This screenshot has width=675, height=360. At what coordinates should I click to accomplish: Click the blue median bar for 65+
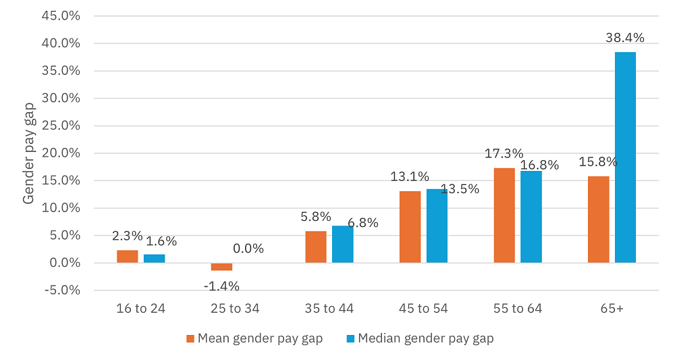coord(625,157)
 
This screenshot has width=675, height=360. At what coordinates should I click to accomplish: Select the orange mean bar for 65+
coord(598,220)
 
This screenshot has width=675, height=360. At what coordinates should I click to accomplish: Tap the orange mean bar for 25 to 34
coord(221,267)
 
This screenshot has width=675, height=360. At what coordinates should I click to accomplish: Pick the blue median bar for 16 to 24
coord(154,259)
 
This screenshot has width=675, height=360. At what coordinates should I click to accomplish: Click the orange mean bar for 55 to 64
coord(504,215)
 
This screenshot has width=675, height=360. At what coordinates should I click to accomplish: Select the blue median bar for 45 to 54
coord(437,226)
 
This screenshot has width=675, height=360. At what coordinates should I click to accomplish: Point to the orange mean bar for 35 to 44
coord(316,247)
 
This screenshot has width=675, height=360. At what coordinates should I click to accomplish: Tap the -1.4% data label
coord(221,286)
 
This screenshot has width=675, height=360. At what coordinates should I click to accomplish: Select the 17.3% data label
coord(504,154)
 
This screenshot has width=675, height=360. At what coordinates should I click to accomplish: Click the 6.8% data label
coord(362,222)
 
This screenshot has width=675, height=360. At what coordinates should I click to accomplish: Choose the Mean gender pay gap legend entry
coord(254,338)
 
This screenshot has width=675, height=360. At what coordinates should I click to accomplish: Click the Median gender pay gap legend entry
coord(419,338)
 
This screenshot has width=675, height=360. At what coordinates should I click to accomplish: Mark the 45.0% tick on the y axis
coord(61,16)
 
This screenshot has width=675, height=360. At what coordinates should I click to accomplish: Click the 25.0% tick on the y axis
coord(61,126)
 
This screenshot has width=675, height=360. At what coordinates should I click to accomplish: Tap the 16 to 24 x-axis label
coord(140,309)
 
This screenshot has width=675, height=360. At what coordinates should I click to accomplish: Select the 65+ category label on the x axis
coord(612,309)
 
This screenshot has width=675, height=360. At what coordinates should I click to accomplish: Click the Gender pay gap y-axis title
coord(29,153)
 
